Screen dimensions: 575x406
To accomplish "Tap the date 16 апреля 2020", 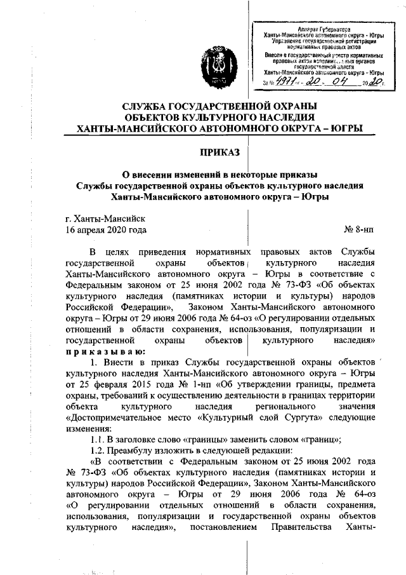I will [103, 229].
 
